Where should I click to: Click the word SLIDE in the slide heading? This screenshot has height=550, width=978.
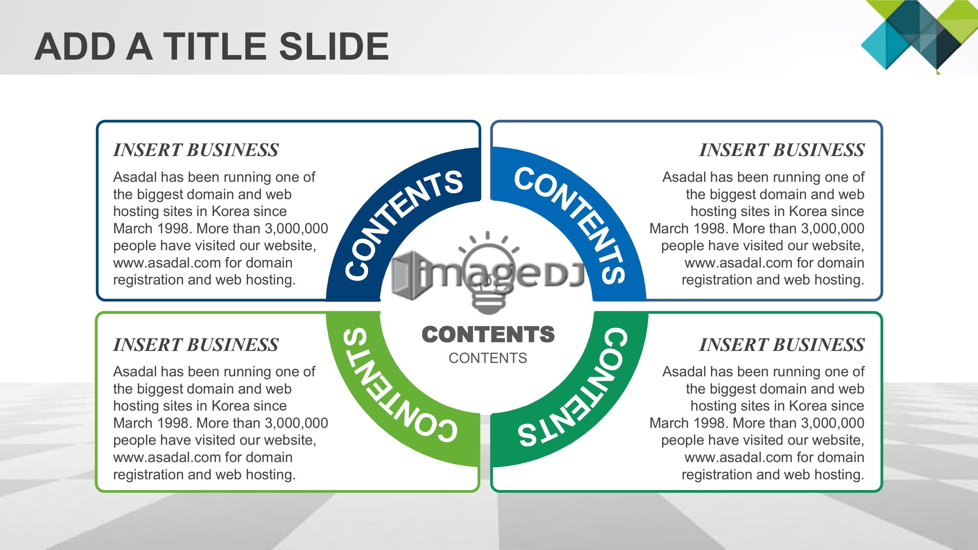click(x=334, y=46)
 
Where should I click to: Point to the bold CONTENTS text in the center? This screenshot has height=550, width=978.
click(x=488, y=334)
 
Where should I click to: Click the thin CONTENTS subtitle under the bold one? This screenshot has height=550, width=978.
click(x=488, y=358)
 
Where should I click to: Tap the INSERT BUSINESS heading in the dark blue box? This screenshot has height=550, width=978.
click(x=196, y=150)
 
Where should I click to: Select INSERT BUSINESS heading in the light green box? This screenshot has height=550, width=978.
click(x=196, y=345)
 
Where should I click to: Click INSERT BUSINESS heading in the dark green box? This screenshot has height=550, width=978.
click(x=782, y=345)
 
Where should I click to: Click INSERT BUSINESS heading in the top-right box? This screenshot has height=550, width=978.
click(x=782, y=150)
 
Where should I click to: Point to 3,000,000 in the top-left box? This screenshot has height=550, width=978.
click(x=297, y=229)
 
